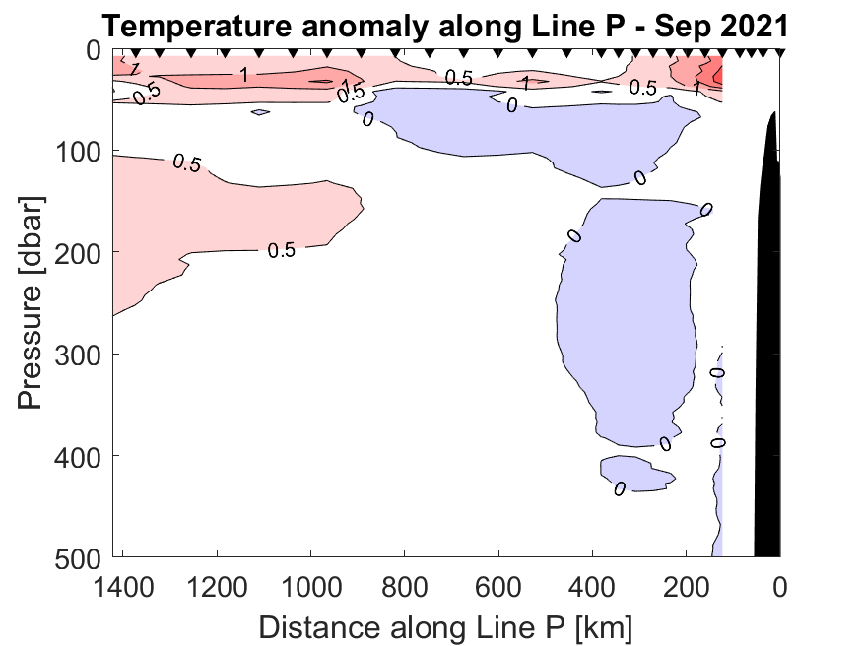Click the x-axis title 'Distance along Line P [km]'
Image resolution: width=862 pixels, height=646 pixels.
[444, 625]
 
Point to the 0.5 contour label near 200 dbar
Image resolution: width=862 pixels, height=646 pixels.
[282, 250]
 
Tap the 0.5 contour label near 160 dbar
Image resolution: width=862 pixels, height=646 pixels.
[187, 163]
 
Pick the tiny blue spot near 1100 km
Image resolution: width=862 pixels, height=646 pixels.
[260, 112]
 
